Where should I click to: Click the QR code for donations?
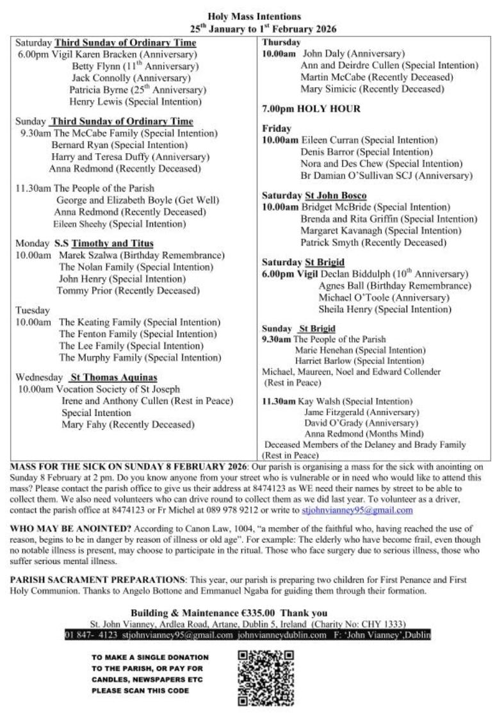[x=266, y=677]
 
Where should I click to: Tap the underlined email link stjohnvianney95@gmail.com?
[x=357, y=511]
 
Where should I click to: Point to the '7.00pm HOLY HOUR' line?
[x=311, y=109]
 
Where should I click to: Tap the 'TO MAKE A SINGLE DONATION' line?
[x=150, y=657]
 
